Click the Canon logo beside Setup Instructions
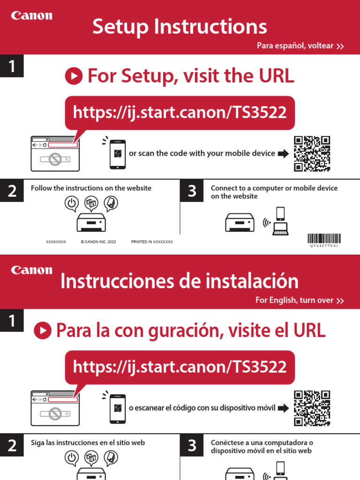pos(32,16)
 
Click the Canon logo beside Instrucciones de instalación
pos(32,270)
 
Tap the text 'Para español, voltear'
pos(295,45)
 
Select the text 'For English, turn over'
pos(294,300)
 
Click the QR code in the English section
pos(312,154)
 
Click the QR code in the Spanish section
pos(312,408)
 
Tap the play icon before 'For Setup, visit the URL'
pos(74,76)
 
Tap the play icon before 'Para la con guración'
pos(43,330)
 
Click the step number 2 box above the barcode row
pos(12,191)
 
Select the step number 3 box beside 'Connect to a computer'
pos(192,191)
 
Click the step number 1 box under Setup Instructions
pos(12,67)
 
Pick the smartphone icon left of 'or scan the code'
pos(118,154)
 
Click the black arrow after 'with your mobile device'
pos(283,153)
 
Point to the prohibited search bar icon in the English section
pos(55,160)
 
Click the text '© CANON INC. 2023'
pos(98,242)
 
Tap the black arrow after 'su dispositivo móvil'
pos(283,408)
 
